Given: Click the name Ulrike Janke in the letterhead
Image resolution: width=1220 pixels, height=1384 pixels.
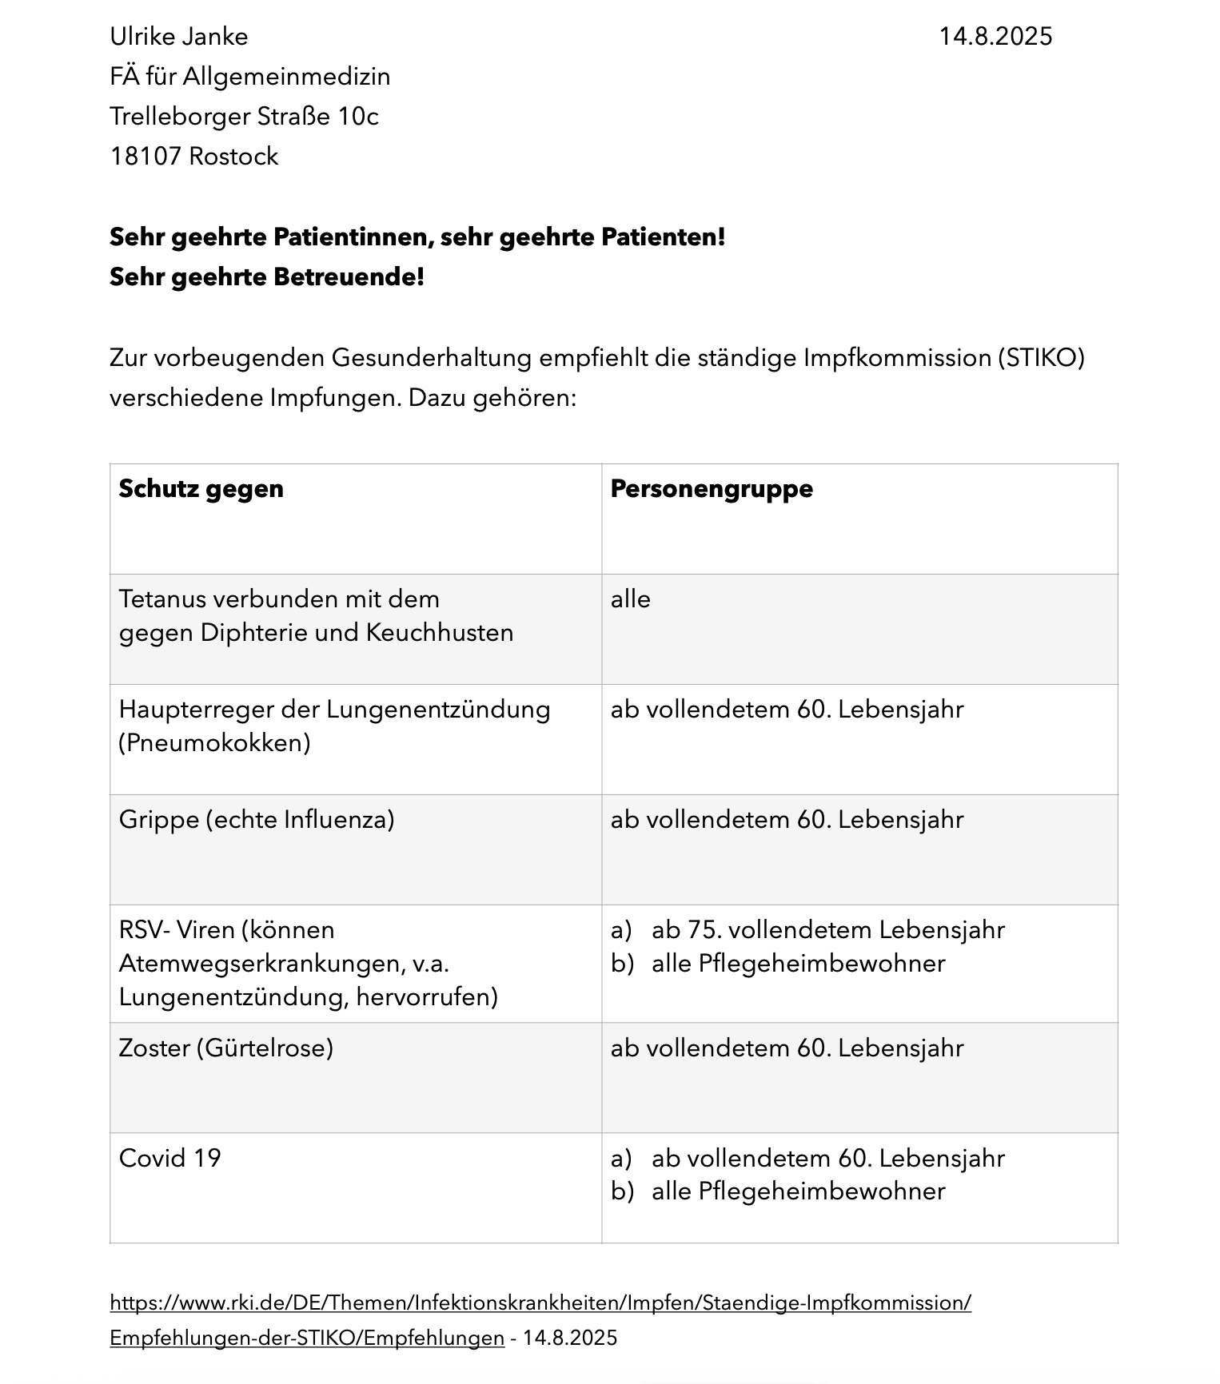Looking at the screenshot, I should pos(178,37).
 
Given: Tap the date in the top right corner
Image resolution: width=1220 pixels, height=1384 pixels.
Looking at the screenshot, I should pos(995,37).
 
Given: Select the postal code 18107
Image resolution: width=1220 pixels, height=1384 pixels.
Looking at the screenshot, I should pos(146,157).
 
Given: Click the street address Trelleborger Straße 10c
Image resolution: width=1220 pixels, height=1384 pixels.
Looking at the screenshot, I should pos(244,117).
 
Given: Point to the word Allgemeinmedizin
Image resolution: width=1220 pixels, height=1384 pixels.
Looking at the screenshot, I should pos(286,77).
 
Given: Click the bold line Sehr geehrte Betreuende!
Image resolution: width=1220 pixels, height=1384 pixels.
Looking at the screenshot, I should pos(266,277).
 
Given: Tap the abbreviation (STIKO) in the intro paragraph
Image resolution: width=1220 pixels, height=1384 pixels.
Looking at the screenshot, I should pos(1040,358).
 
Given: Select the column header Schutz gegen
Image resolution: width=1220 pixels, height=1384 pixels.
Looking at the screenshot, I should pos(201,489).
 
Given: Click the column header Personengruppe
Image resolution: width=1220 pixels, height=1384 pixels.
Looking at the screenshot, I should pos(711,489).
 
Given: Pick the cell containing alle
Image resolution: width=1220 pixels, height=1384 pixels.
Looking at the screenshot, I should pos(631,599).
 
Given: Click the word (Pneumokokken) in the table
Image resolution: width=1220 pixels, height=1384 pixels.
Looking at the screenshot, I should pos(214,743).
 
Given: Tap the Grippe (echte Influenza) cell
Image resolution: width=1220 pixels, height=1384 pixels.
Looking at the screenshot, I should pos(257,820).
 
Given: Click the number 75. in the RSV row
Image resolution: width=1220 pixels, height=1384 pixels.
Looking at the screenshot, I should pos(704,930).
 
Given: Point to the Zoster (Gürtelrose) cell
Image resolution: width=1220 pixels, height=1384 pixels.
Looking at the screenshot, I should pos(225,1048).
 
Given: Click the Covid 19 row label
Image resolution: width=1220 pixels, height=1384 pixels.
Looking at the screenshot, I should pos(169,1159).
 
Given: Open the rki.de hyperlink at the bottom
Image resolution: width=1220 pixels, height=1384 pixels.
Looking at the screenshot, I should pos(540,1303).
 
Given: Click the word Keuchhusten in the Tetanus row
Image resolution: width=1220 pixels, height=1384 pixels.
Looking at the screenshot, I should pos(440,633).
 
